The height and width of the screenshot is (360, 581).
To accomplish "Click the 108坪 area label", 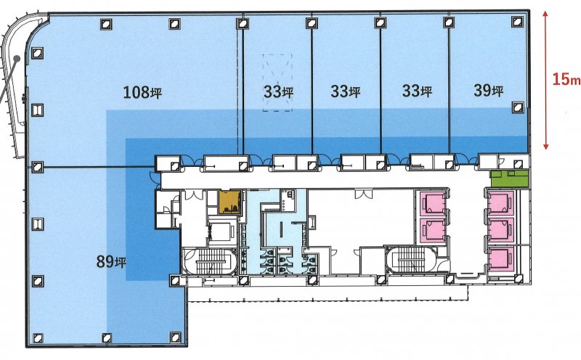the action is click(x=142, y=92).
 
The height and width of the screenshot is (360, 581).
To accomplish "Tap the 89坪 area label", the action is click(x=111, y=262).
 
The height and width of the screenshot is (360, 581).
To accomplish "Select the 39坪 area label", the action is click(x=488, y=91).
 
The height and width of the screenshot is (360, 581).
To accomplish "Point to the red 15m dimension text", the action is click(x=566, y=79).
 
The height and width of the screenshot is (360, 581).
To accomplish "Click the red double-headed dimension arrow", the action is click(x=545, y=80).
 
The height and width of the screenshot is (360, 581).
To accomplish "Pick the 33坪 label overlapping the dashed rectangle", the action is click(x=278, y=91).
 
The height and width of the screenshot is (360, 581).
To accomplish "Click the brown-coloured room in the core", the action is click(x=229, y=202).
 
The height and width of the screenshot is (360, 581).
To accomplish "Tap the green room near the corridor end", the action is click(x=510, y=178).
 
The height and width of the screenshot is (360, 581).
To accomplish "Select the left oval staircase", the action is click(x=210, y=261).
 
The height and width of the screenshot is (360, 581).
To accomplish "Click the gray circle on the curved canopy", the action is click(x=17, y=58).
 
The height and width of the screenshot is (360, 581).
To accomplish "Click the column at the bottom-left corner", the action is click(x=38, y=337).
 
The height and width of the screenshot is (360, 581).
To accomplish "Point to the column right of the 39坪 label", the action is click(x=517, y=107).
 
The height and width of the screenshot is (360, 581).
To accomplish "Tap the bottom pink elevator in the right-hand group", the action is click(x=500, y=259).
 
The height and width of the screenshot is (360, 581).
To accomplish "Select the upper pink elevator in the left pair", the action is click(x=433, y=203).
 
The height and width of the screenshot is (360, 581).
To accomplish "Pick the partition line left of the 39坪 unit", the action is click(x=449, y=91).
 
